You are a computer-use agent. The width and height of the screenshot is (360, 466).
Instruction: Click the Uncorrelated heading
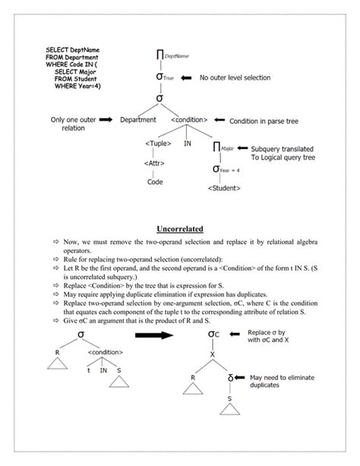click(x=179, y=227)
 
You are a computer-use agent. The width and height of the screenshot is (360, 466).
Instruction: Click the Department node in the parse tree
click(x=138, y=119)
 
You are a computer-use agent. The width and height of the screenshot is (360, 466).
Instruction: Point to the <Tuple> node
click(x=157, y=142)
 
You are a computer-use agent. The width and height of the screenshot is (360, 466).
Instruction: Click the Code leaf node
click(x=156, y=182)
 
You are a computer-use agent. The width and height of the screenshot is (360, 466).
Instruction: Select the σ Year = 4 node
click(x=226, y=168)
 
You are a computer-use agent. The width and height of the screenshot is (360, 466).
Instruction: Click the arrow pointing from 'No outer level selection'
click(x=188, y=78)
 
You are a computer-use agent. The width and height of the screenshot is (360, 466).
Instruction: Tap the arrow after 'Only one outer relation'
click(x=105, y=119)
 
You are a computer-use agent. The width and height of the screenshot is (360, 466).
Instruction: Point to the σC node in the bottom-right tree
click(x=214, y=334)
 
